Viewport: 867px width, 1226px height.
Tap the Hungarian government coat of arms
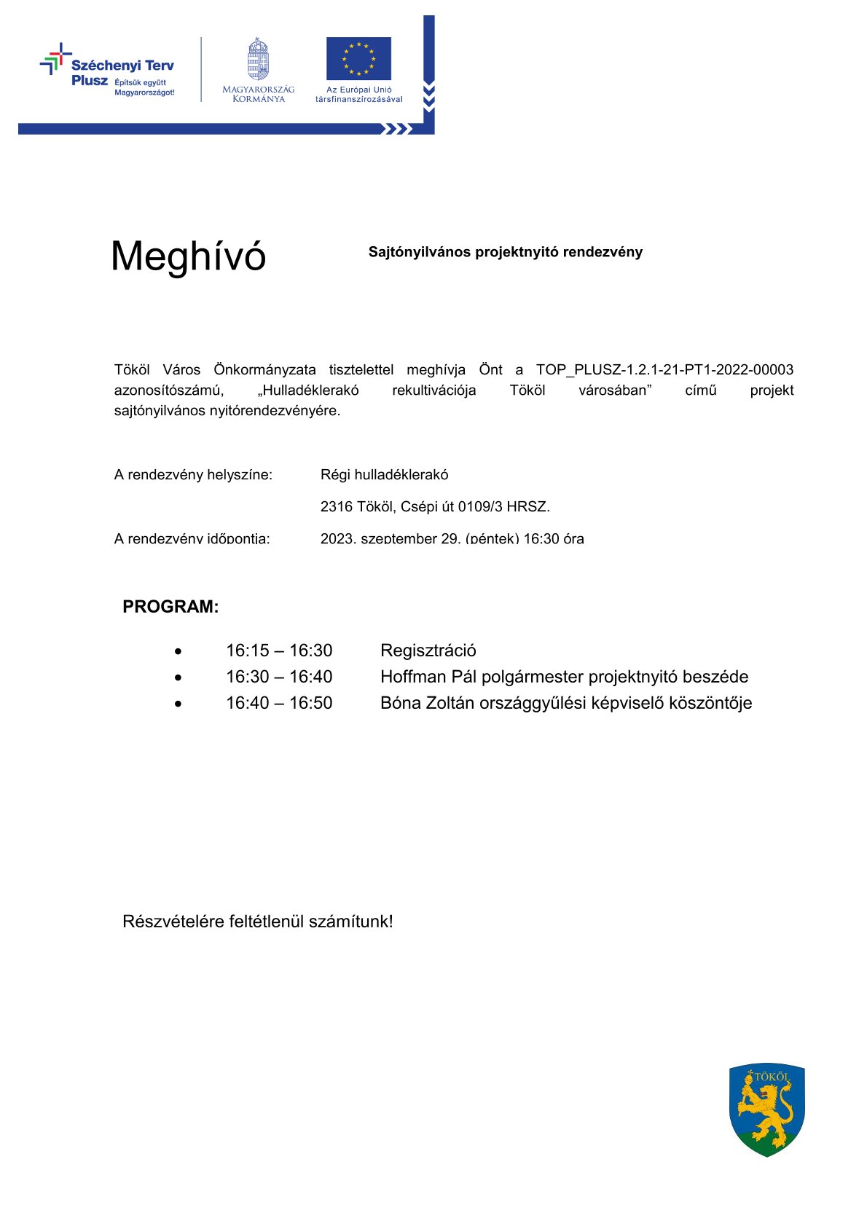coord(258,60)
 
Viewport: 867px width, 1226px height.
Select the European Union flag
coord(358,58)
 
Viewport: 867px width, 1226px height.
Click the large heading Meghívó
coord(188,256)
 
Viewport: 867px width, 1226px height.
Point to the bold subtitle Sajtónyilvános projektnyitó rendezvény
coord(505,252)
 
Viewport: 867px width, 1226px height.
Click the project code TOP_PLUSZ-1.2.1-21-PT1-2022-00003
coord(664,369)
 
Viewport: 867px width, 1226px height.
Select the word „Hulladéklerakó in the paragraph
coord(308,390)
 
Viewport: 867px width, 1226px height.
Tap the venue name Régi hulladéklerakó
coord(384,474)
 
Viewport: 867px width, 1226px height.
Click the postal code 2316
coord(335,506)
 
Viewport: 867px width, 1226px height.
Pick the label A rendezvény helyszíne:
coord(193,475)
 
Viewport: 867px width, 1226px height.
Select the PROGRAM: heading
coord(170,607)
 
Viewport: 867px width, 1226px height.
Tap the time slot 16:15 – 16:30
coord(279,651)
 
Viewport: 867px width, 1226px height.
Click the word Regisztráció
coord(428,651)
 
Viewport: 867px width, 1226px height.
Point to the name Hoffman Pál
coord(428,677)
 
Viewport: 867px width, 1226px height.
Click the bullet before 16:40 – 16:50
coord(178,704)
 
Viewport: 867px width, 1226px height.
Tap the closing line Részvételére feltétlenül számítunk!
coord(257,922)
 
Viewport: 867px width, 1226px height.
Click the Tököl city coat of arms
coord(766,1109)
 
